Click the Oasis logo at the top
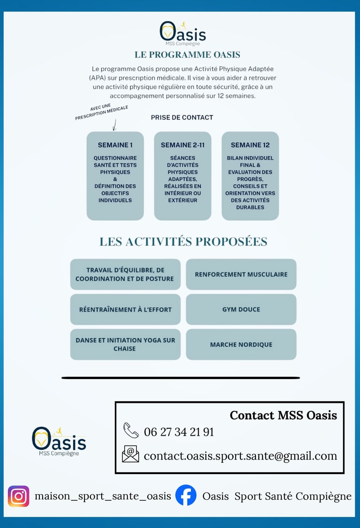click(x=182, y=32)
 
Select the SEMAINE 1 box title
click(x=115, y=145)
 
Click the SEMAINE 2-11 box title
click(x=182, y=145)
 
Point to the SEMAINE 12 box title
click(x=250, y=145)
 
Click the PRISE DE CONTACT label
click(x=182, y=118)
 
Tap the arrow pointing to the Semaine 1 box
click(x=114, y=125)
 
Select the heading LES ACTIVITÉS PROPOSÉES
click(x=183, y=242)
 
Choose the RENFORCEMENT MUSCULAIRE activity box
click(x=241, y=275)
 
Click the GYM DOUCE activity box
click(x=241, y=310)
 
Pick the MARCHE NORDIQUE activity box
click(x=241, y=344)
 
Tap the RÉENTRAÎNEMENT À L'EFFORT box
click(x=125, y=310)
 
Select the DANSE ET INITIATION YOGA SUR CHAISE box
click(x=125, y=344)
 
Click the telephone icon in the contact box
click(x=131, y=430)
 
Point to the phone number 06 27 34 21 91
click(x=179, y=432)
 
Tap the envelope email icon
click(x=130, y=454)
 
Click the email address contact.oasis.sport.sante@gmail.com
click(x=240, y=456)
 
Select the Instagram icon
click(x=19, y=496)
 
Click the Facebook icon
click(x=186, y=495)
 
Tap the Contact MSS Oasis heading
click(x=283, y=415)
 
